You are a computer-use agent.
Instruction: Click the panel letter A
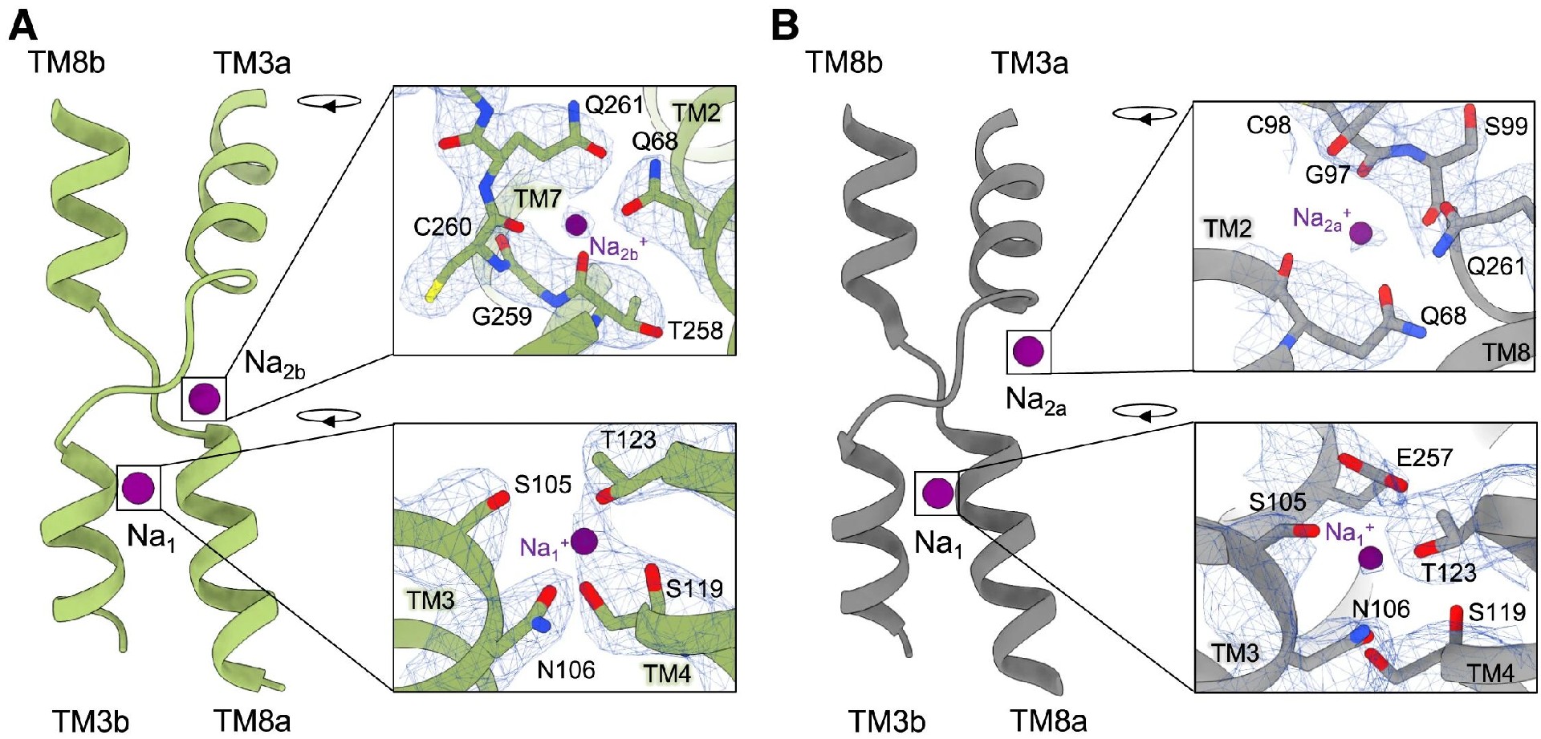22,26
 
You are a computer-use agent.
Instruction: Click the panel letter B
784,26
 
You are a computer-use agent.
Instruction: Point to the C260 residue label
442,227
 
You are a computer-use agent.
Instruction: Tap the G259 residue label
502,316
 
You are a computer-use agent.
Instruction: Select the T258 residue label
695,330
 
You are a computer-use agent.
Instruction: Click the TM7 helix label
537,199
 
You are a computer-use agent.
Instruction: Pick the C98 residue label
1268,125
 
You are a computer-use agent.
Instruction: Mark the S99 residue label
1506,126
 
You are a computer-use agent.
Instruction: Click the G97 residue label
1328,174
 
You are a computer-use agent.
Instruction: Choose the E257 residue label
1425,457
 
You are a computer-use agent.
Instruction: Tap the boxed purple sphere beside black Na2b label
204,398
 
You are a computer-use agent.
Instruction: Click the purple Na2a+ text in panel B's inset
1320,218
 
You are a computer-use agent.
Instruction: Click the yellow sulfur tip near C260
432,294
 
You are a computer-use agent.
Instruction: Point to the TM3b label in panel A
91,721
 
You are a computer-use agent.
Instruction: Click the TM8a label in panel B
1048,721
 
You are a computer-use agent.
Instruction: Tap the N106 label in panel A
566,669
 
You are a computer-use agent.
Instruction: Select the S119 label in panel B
1497,612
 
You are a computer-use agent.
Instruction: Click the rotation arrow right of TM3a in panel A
329,102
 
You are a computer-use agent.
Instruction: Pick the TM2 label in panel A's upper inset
695,113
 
